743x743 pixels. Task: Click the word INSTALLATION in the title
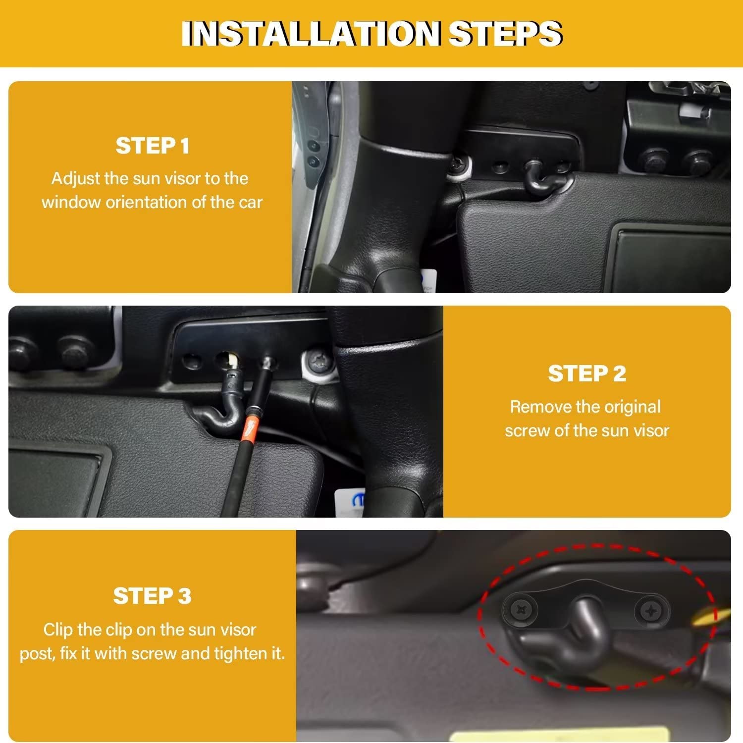(311, 34)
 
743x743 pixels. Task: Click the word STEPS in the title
(505, 34)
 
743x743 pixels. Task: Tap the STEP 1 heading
(152, 146)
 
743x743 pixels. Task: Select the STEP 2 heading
(586, 373)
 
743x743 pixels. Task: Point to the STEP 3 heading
(152, 595)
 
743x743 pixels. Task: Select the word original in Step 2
(633, 407)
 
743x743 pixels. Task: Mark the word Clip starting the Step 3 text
(58, 630)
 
